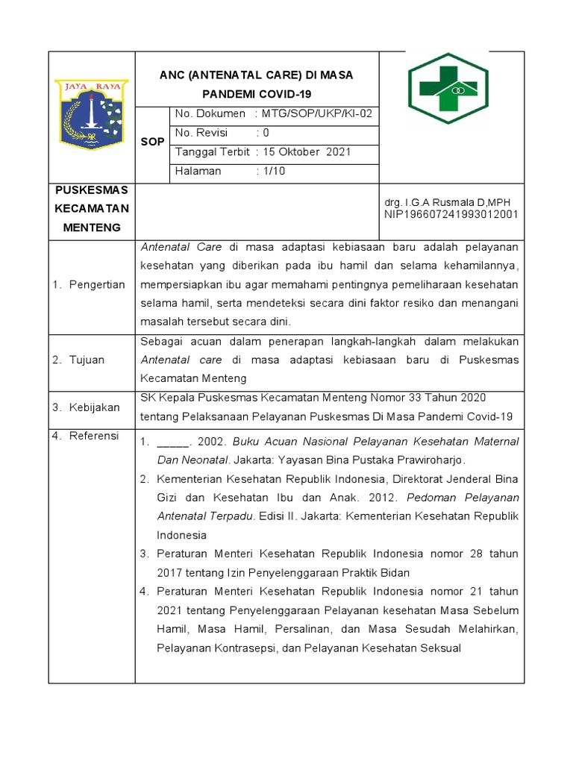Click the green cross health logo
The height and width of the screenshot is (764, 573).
448,88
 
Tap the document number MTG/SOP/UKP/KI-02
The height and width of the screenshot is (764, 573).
316,114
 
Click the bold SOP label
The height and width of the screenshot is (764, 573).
152,142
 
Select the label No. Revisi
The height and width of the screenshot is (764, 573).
201,133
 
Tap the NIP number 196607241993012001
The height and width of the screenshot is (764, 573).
451,215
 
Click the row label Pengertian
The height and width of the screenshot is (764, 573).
96,284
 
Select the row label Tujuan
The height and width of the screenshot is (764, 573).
88,360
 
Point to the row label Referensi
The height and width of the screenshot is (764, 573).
94,436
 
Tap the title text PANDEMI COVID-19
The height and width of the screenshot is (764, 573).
257,94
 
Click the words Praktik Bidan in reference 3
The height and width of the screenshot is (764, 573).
376,572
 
